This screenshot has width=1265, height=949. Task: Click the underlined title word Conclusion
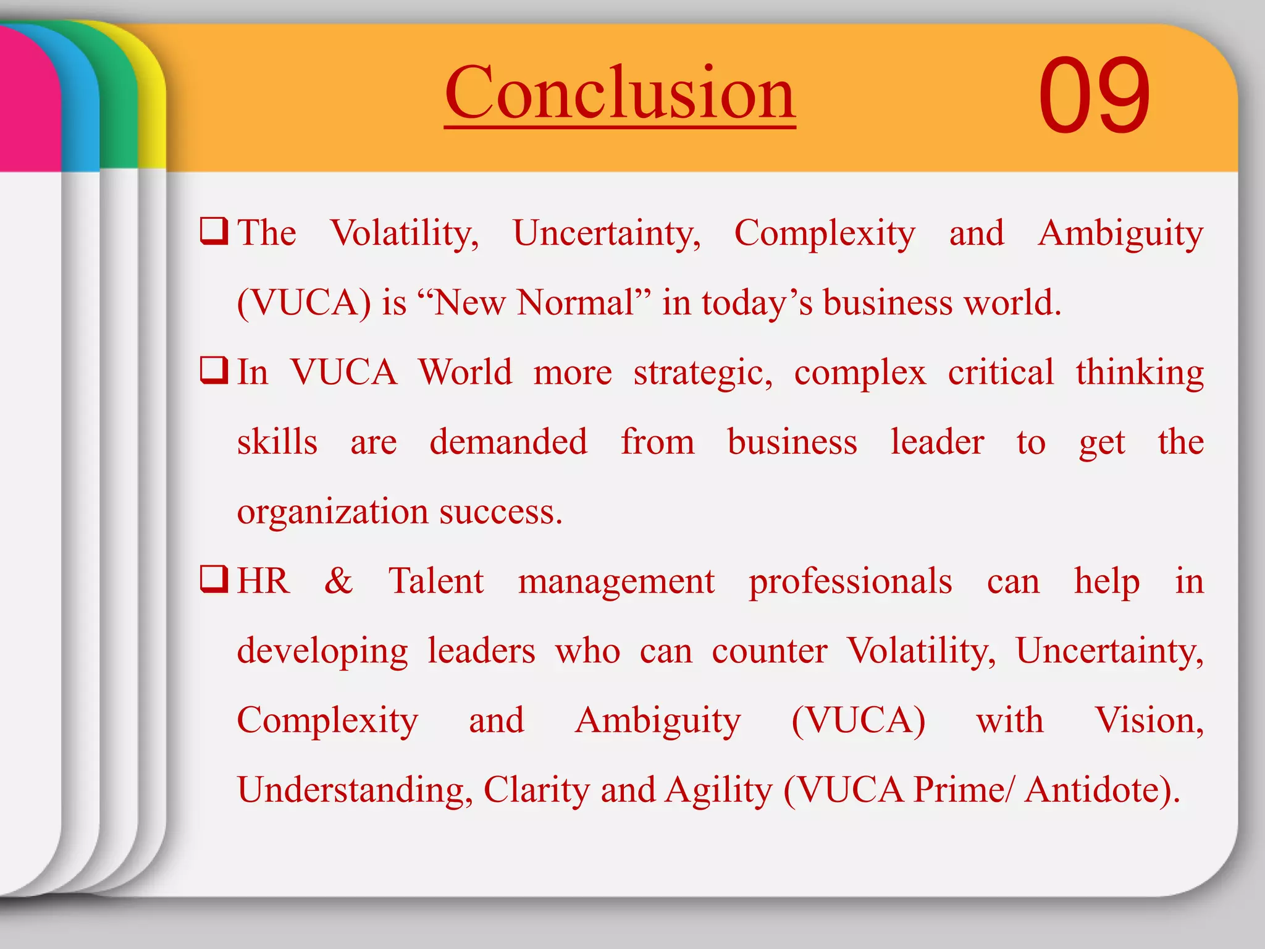pos(620,94)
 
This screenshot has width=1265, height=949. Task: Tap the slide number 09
pos(1094,96)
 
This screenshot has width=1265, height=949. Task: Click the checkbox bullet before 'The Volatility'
pos(214,232)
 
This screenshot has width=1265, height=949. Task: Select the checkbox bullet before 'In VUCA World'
pos(214,371)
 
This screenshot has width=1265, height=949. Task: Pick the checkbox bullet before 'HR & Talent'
pos(214,580)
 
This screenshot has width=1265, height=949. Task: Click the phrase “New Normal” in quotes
pos(534,303)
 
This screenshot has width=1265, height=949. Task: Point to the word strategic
pos(702,373)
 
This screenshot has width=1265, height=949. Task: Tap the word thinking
pos(1140,373)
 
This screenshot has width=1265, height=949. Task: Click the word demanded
pos(508,442)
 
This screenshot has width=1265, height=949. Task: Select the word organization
pos(332,512)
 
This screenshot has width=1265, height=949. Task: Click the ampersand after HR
pos(338,581)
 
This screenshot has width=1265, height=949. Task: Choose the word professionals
pos(850,582)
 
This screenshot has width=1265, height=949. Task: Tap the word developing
pos(322,651)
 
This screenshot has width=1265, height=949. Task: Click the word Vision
pos(1148,720)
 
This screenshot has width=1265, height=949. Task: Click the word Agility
pos(718,790)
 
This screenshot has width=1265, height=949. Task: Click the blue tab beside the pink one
pos(80,99)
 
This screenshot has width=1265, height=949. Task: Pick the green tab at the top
pos(119,99)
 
